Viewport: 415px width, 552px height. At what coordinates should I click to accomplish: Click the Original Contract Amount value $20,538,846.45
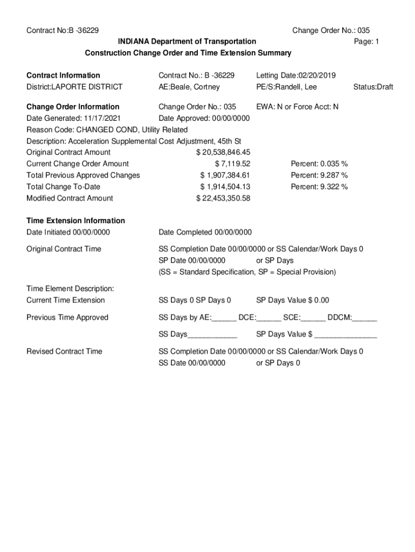223,153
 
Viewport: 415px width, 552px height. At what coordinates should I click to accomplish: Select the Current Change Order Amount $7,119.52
232,164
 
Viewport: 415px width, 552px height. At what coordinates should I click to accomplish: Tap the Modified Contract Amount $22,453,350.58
223,198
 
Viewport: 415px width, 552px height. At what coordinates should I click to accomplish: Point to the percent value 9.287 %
319,175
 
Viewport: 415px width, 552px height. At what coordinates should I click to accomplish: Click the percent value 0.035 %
319,164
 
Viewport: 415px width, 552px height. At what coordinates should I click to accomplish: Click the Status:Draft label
373,87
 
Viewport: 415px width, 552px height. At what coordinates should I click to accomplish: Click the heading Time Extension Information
75,220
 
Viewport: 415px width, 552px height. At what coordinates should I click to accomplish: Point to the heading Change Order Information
73,107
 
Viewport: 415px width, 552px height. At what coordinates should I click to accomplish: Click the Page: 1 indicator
366,42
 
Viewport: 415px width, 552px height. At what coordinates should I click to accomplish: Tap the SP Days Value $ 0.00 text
292,300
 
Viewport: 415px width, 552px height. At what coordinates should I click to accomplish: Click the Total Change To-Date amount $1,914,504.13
225,187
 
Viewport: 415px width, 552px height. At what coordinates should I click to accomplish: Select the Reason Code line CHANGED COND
107,130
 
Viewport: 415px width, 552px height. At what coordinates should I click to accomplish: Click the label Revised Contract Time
64,351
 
